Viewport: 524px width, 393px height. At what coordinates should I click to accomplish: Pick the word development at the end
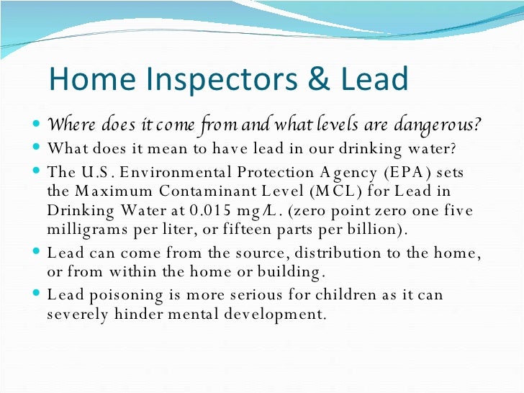point(278,315)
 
